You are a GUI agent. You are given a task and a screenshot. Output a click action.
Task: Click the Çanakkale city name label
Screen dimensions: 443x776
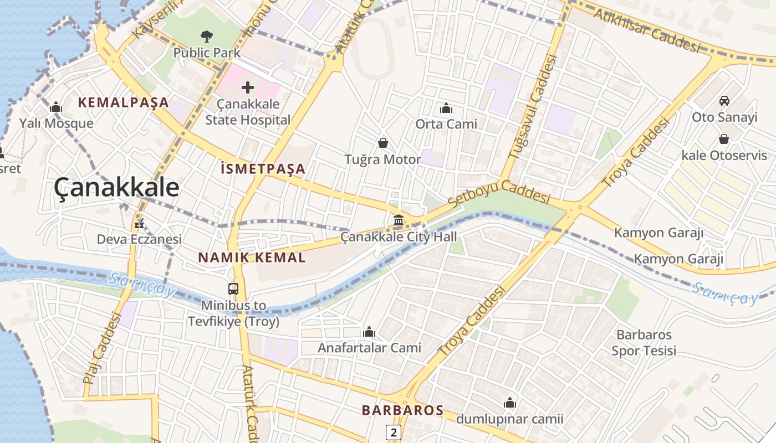[x=116, y=188]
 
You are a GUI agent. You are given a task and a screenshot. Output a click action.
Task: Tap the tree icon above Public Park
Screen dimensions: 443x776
[x=207, y=37]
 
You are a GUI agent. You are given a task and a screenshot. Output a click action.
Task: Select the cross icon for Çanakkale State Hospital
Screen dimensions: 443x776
[x=248, y=87]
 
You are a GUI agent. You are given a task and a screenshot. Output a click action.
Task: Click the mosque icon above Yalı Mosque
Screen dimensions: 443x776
[x=56, y=107]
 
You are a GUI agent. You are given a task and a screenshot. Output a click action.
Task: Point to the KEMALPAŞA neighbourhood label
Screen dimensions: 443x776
[x=123, y=102]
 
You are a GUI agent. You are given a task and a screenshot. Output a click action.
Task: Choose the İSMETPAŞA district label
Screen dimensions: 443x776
[x=263, y=169]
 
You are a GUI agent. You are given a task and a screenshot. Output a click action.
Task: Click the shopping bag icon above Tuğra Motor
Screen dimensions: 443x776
[x=382, y=143]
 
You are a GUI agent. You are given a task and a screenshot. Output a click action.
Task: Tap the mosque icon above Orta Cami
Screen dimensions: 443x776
[x=446, y=108]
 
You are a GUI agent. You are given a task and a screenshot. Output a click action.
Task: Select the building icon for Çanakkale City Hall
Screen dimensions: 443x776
[x=398, y=221]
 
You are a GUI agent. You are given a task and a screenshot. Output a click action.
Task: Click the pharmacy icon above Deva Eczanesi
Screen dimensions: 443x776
[x=139, y=224]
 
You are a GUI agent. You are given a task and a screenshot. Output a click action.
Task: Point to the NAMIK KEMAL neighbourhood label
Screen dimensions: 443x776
[x=252, y=257]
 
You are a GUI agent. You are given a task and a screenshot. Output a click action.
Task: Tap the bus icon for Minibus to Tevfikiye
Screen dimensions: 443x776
[x=233, y=289]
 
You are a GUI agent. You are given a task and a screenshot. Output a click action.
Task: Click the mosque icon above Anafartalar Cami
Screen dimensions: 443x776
[x=369, y=332]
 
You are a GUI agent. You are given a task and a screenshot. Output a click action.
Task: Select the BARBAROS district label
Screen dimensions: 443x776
[x=402, y=410]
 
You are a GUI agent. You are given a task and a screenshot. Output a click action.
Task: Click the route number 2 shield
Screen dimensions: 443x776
[x=393, y=432]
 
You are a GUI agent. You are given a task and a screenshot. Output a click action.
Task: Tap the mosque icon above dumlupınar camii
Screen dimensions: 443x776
[x=509, y=403]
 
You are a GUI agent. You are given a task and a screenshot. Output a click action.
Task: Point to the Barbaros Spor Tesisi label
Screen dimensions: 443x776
[x=644, y=343]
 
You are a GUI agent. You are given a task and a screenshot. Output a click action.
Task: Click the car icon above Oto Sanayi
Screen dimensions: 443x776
[x=724, y=101]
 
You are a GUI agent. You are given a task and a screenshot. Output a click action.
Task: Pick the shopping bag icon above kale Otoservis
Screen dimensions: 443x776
[x=724, y=139]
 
